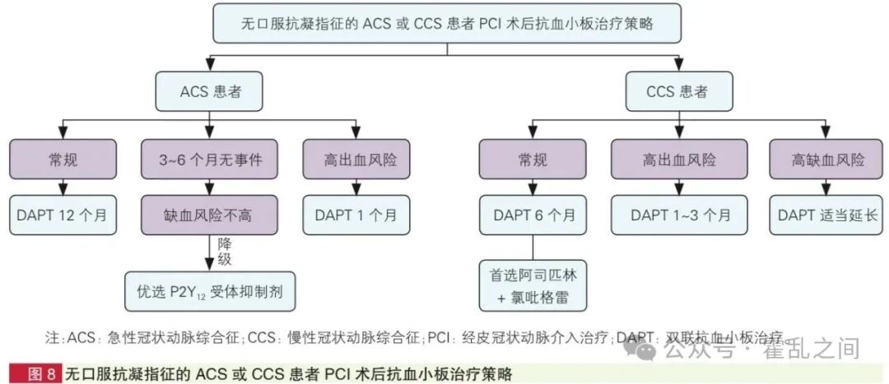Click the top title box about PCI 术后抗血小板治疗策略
447,24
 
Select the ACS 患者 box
210,90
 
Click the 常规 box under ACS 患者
63,160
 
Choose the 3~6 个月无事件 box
210,160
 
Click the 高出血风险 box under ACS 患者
356,160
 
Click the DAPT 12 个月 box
63,215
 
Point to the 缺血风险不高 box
210,215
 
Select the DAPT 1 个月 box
356,215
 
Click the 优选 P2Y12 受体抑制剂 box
210,291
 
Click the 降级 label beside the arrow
224,252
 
